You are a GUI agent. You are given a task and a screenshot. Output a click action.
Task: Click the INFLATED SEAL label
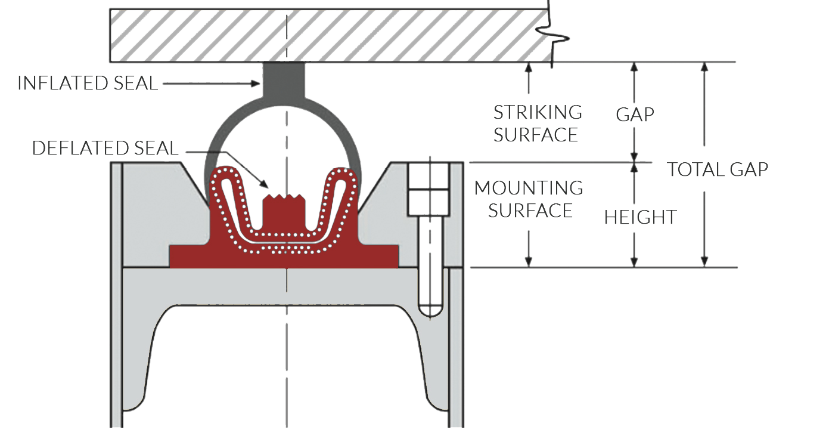tap(88, 84)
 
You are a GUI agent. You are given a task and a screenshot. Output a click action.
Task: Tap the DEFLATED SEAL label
tap(105, 149)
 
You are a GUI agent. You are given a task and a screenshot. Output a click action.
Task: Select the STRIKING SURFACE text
tap(537, 123)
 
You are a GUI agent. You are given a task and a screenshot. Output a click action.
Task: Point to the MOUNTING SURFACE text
tap(529, 199)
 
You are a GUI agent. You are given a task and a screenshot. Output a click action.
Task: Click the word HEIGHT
tap(640, 217)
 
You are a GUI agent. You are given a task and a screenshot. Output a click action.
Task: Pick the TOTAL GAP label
tap(717, 169)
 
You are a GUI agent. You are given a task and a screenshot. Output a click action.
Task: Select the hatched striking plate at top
tap(328, 34)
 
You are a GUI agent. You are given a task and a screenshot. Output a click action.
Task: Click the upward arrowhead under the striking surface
tap(528, 67)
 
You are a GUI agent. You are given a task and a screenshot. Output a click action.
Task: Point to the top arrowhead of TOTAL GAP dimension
tap(704, 67)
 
